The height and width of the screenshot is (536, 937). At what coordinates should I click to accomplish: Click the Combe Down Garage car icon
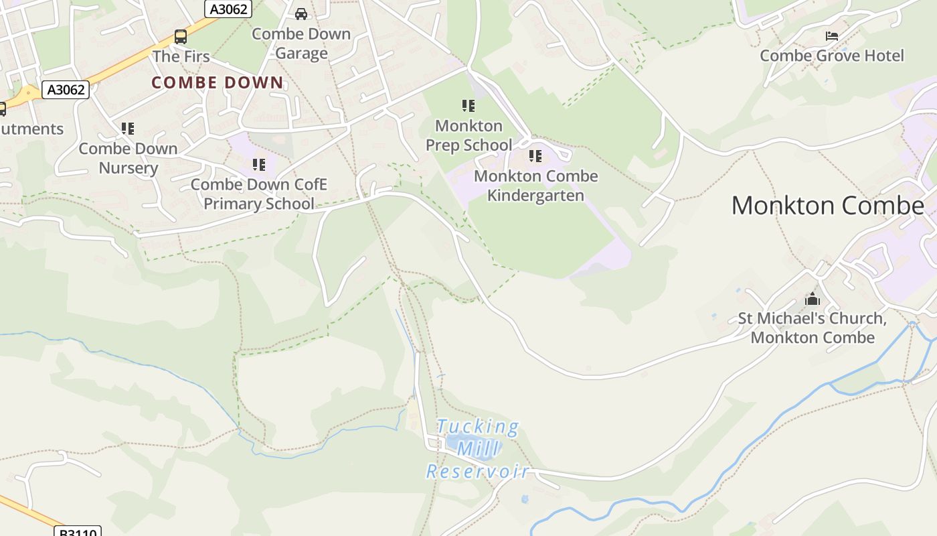(301, 13)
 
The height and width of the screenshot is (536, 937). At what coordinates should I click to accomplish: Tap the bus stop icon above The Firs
(180, 37)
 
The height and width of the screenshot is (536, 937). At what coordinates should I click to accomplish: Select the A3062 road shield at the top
(228, 9)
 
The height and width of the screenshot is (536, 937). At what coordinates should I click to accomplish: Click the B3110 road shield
(77, 532)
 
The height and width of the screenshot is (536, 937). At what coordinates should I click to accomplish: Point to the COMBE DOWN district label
(218, 83)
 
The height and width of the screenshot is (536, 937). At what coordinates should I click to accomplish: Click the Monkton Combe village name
(827, 206)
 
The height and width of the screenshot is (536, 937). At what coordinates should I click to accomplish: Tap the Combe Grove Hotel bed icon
(832, 36)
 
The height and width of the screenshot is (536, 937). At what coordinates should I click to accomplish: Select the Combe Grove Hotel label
(831, 56)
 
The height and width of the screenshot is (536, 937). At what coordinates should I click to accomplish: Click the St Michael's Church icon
(813, 299)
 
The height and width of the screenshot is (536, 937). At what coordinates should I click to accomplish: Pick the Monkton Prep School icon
(468, 106)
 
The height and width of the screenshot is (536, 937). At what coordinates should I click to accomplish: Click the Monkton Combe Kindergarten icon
(535, 156)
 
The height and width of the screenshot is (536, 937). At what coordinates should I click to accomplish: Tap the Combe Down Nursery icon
(128, 128)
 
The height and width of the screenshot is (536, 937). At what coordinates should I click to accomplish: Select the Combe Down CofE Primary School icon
(259, 164)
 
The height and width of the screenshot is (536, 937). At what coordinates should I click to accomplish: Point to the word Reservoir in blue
(478, 472)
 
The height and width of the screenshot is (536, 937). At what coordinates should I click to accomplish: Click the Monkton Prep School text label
(468, 135)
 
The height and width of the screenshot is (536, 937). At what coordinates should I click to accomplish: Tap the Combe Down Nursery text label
(128, 158)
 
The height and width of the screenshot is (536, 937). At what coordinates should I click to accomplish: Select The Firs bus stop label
(181, 57)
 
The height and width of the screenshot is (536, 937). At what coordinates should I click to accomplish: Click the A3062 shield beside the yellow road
(66, 90)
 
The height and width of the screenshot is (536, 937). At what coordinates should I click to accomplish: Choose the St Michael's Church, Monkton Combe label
(812, 328)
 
